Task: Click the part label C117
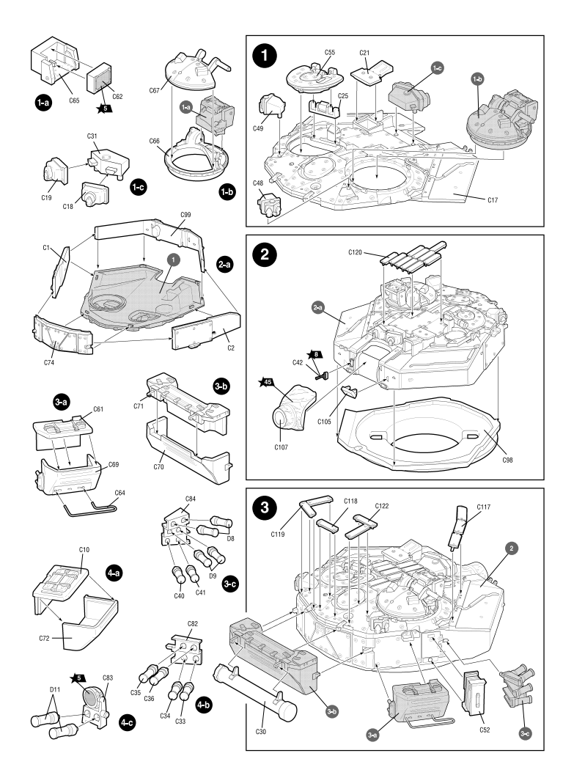483,506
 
